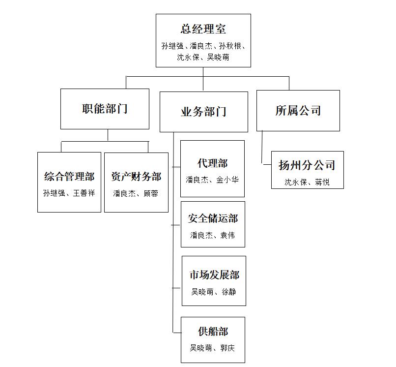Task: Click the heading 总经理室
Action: [x=203, y=29]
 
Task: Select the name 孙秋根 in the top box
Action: [x=230, y=46]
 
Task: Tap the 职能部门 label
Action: [x=105, y=109]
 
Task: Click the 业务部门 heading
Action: [x=203, y=112]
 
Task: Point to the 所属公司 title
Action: [x=298, y=111]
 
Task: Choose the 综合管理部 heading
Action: [x=69, y=177]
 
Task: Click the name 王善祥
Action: [x=84, y=193]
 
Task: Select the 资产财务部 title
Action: [x=136, y=177]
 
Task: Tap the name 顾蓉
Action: [x=151, y=193]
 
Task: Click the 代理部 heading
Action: [x=212, y=163]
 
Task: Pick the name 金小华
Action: [x=227, y=180]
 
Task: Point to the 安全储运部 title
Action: [x=213, y=218]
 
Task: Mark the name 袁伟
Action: [x=227, y=235]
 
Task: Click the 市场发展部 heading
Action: [x=214, y=275]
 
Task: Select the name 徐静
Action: [x=229, y=292]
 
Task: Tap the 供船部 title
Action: [x=213, y=332]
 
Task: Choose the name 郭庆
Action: [x=227, y=348]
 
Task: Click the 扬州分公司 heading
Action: [x=307, y=165]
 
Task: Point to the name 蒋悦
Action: [x=322, y=182]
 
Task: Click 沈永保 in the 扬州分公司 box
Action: [x=295, y=182]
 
